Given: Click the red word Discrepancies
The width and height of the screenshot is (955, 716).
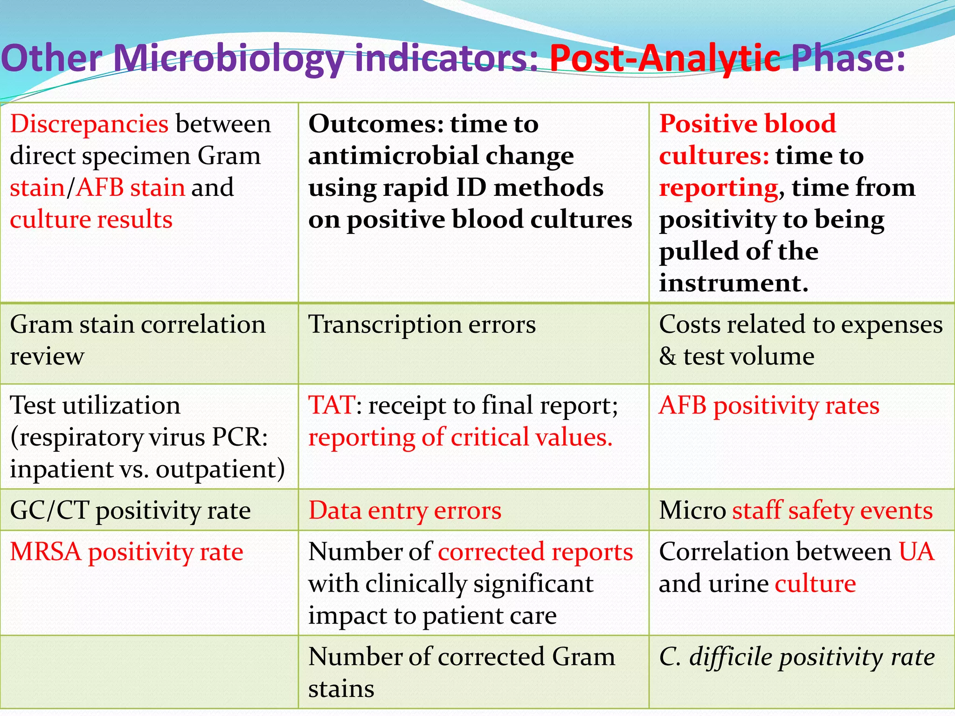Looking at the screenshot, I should [x=89, y=124].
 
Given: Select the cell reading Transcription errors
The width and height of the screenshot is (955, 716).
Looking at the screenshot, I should [x=422, y=324].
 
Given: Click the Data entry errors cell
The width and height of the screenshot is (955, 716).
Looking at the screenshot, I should [x=405, y=510].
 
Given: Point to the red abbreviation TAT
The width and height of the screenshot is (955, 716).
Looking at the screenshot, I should [x=331, y=405].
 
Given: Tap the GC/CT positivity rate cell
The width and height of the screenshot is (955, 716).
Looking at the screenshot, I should [x=130, y=510].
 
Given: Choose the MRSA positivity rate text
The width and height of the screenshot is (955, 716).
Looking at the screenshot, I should [x=126, y=552].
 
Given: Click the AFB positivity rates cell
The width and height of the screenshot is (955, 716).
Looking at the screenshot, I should [x=769, y=406].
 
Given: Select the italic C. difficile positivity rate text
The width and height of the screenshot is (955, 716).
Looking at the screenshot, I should [x=796, y=657].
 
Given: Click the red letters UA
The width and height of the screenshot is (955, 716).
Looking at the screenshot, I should [x=916, y=552].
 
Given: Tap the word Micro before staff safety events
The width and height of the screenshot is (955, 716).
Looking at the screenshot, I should [x=692, y=510].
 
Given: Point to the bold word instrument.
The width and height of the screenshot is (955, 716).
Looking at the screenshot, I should [x=733, y=283].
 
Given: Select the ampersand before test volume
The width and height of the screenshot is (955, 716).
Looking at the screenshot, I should [x=667, y=357].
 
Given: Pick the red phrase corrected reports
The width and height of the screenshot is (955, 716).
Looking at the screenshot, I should [x=535, y=552].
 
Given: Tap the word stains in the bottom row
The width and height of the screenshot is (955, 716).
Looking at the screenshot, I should [x=341, y=689].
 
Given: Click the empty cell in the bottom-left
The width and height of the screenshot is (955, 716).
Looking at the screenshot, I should [x=149, y=672].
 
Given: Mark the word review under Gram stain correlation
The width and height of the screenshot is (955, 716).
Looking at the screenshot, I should [x=47, y=357].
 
